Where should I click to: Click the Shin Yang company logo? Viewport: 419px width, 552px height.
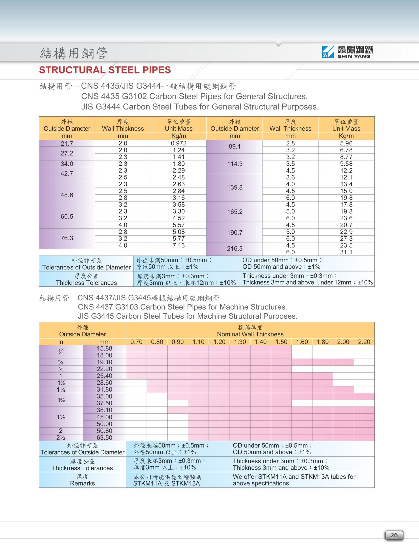click(x=347, y=52)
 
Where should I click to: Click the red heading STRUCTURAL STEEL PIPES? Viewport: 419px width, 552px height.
click(x=105, y=70)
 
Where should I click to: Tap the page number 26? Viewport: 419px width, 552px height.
click(x=394, y=535)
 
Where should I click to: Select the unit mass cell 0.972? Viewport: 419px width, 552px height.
click(x=179, y=143)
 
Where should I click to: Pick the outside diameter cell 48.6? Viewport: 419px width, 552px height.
click(x=67, y=195)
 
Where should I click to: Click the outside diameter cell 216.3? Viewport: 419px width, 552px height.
click(x=235, y=249)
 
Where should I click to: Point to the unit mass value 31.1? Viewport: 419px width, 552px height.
click(x=346, y=252)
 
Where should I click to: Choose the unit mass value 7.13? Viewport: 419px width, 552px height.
click(x=179, y=245)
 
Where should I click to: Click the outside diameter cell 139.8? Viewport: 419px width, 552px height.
click(x=235, y=187)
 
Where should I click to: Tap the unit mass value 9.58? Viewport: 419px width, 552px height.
click(x=346, y=164)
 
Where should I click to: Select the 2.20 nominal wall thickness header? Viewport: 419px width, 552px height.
click(x=364, y=342)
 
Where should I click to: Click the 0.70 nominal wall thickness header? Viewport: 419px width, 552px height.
click(x=136, y=342)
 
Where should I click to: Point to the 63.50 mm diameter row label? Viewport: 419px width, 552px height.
click(x=104, y=438)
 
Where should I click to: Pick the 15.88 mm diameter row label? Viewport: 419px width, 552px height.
click(x=104, y=348)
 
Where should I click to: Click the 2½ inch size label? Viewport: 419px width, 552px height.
click(x=61, y=438)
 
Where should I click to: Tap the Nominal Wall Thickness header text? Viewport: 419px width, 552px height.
click(x=250, y=334)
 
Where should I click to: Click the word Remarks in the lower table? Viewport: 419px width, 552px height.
click(x=82, y=483)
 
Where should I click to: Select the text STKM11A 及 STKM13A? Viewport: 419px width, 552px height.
click(x=166, y=483)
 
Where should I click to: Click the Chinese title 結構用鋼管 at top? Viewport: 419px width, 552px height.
click(x=74, y=53)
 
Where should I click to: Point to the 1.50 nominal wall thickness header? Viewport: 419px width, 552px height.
click(x=281, y=342)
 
